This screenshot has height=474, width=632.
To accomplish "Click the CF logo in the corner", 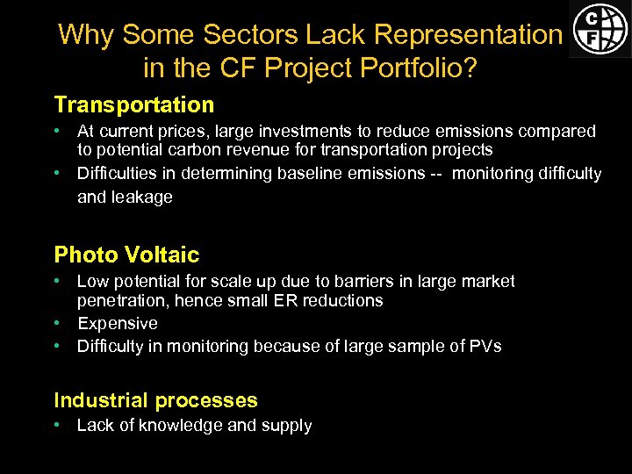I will tap(600, 28).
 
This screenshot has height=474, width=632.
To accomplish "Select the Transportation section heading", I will tap(134, 105).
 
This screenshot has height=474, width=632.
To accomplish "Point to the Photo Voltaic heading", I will tap(126, 255).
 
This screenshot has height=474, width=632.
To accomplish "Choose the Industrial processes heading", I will tap(155, 401).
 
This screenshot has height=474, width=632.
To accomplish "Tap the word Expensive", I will tap(118, 323).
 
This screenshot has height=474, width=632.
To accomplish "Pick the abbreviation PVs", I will tap(483, 346).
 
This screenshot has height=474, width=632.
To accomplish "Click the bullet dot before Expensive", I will tap(56, 323).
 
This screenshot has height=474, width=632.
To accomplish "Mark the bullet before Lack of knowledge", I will tap(56, 426).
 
